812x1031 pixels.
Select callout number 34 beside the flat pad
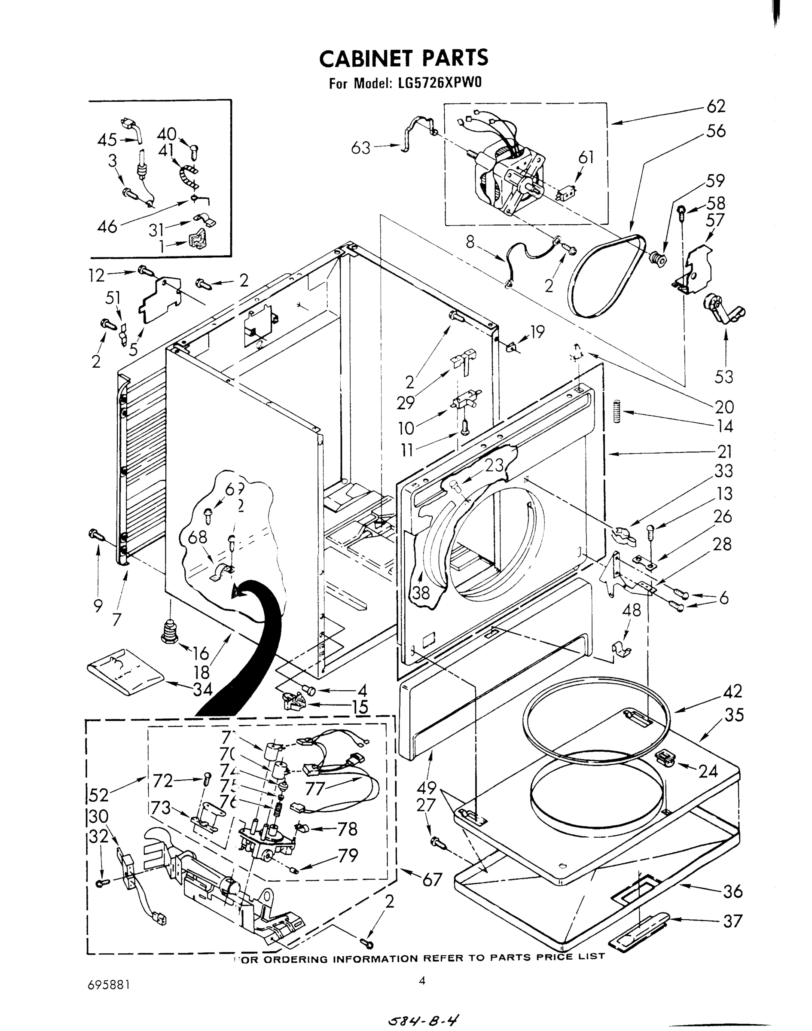[x=202, y=689]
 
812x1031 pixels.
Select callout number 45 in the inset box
[x=107, y=140]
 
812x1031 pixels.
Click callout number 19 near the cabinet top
[x=537, y=332]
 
